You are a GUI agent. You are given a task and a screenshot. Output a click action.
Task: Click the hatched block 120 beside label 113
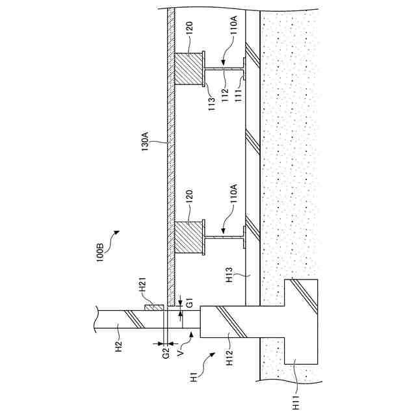click(188, 68)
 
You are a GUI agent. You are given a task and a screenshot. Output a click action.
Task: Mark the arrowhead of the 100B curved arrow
click(118, 231)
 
